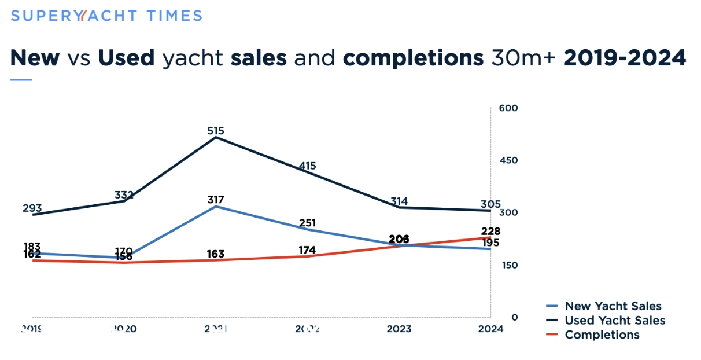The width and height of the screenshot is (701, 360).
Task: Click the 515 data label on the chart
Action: (216, 131)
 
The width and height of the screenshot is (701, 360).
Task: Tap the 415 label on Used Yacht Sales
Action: (308, 166)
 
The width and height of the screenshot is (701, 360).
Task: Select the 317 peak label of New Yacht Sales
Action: (216, 200)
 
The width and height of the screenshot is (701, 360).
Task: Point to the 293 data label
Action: (32, 208)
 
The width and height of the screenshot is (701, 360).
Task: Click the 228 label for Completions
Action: (492, 232)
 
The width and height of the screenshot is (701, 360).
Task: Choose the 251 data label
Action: (308, 223)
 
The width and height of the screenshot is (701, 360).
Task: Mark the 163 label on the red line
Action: (215, 254)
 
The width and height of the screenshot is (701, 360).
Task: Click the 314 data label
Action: (399, 201)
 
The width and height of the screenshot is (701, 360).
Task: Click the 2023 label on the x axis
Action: (399, 329)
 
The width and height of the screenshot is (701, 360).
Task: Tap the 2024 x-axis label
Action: (491, 329)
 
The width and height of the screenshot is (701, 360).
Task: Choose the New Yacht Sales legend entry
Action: (613, 306)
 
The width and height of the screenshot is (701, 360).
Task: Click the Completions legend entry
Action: (602, 335)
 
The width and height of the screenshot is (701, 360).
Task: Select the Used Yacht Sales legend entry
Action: (615, 321)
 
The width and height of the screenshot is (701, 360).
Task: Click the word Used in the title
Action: (126, 58)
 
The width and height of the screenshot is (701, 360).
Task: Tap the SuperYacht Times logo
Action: (106, 16)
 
